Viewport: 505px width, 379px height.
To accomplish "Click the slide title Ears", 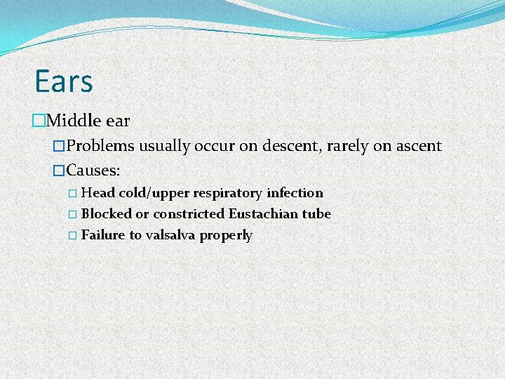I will tap(64, 81).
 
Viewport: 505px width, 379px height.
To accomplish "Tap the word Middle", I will tap(73, 121).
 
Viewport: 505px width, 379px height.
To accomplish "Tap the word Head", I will tap(98, 192).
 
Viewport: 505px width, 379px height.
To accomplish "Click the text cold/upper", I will tap(154, 193).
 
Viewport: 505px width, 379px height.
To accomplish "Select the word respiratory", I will tap(229, 193).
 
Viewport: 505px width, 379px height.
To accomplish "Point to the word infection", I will tap(295, 192).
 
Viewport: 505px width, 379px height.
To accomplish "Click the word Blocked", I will tap(107, 213).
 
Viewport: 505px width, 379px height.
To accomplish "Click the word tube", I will tap(316, 213).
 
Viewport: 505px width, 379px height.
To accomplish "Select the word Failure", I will tap(103, 234).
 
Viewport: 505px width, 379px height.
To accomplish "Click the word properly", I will tap(226, 235).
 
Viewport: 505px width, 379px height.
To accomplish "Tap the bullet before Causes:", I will tap(59, 170).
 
